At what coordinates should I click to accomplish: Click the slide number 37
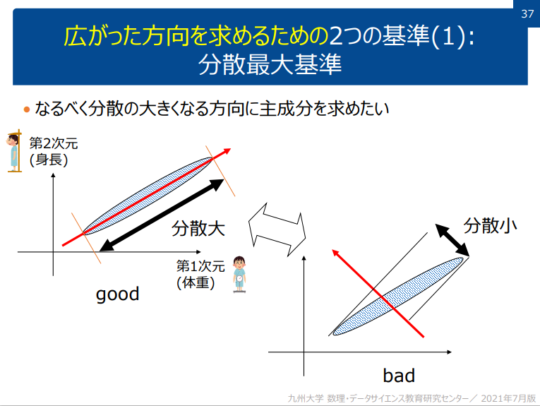pyautogui.click(x=527, y=13)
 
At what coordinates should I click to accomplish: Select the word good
pyautogui.click(x=118, y=294)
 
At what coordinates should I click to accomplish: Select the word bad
pyautogui.click(x=399, y=375)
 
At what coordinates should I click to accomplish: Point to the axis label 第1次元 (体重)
pyautogui.click(x=200, y=275)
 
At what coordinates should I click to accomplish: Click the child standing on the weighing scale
pyautogui.click(x=240, y=273)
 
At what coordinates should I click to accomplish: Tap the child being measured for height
pyautogui.click(x=13, y=151)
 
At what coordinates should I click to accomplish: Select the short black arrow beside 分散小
pyautogui.click(x=452, y=239)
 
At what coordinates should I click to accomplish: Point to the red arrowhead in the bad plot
pyautogui.click(x=337, y=253)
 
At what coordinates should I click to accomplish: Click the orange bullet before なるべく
pyautogui.click(x=27, y=109)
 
